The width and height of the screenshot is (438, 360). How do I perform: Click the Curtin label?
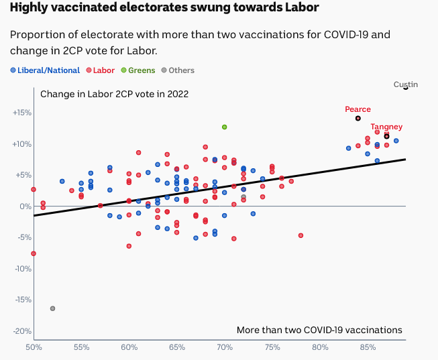click(x=405, y=84)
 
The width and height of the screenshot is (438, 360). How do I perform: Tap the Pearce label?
click(x=358, y=109)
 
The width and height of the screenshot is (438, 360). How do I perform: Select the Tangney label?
click(x=386, y=127)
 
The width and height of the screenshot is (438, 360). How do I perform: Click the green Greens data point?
click(x=225, y=127)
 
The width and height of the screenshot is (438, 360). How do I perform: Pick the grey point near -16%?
click(x=52, y=308)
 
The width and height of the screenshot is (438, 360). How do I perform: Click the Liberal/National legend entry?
click(x=45, y=70)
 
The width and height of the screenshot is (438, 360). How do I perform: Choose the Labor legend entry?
click(x=100, y=70)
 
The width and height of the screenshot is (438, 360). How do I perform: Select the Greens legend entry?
click(x=137, y=70)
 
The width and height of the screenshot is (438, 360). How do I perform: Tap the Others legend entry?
click(x=177, y=70)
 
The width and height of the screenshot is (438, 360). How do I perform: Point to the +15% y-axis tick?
click(x=21, y=113)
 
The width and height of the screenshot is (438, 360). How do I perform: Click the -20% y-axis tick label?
click(x=21, y=331)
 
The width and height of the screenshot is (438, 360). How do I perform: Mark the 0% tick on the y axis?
click(x=24, y=206)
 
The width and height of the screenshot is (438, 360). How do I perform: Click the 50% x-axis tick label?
click(x=34, y=347)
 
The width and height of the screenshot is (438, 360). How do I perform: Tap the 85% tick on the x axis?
click(x=368, y=347)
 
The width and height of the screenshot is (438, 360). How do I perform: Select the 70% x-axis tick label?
click(x=225, y=347)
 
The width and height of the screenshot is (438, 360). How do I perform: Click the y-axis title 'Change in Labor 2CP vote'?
click(x=114, y=94)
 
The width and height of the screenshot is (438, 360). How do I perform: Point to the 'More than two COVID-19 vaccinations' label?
click(x=319, y=330)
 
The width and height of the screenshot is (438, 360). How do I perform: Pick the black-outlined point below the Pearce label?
click(x=358, y=118)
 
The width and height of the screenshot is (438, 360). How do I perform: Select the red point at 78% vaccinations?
click(x=300, y=235)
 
